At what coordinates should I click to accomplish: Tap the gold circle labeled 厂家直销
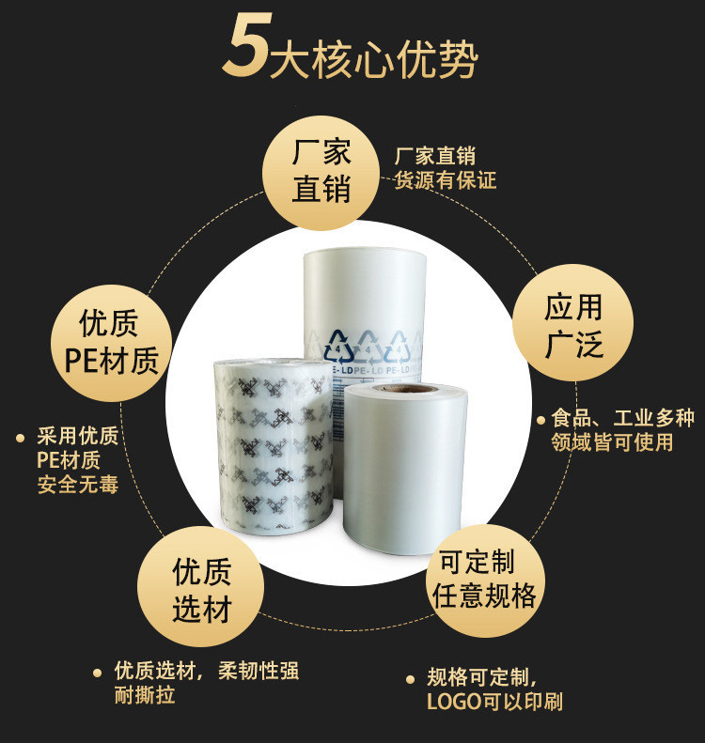tap(321, 173)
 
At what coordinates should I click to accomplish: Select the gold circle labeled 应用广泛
tap(572, 323)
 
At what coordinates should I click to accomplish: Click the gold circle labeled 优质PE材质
tap(112, 344)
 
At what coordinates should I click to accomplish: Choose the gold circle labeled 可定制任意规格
tap(484, 580)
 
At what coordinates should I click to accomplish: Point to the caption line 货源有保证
tap(446, 180)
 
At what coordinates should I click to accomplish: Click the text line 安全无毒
tap(78, 485)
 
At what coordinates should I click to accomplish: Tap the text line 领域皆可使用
tap(612, 442)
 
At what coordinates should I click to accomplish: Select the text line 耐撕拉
tap(145, 695)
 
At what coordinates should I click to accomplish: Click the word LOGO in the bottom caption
tap(454, 702)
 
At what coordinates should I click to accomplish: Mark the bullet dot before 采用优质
tap(20, 438)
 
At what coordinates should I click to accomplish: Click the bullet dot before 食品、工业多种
tap(540, 420)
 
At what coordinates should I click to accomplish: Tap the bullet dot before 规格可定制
tap(411, 679)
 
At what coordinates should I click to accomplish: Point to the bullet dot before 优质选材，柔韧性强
tap(98, 673)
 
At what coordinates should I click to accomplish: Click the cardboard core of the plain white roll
tap(404, 389)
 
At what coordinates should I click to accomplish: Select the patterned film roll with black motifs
tap(274, 447)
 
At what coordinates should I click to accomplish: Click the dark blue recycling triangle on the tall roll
tap(338, 347)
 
